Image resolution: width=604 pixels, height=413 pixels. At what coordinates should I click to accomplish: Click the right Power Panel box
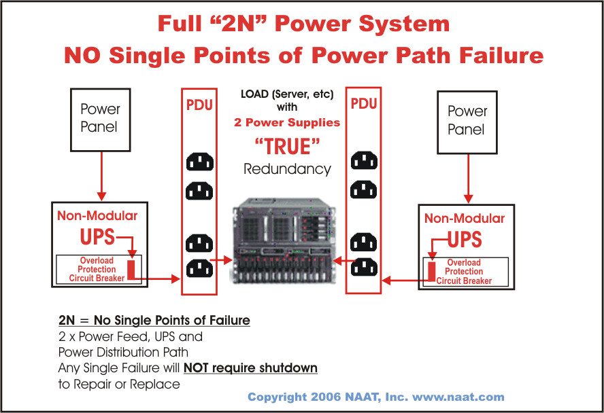[x=467, y=120]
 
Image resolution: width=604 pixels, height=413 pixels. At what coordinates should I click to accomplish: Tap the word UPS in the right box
[x=465, y=239]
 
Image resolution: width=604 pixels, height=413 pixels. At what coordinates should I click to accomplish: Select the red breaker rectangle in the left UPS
[x=133, y=269]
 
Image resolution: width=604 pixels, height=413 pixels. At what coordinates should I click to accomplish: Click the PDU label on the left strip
[x=199, y=106]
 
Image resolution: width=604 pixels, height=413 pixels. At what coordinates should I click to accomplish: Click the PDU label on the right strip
[x=363, y=105]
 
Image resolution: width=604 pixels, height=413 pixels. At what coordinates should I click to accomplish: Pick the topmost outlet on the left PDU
[x=199, y=162]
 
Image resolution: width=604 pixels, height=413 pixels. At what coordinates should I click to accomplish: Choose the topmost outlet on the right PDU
[x=364, y=161]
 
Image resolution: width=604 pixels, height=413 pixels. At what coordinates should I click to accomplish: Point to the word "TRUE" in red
[x=286, y=146]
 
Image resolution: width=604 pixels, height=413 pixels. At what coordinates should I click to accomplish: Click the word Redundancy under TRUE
[x=287, y=169]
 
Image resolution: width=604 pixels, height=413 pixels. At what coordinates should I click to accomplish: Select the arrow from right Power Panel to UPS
[x=467, y=178]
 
